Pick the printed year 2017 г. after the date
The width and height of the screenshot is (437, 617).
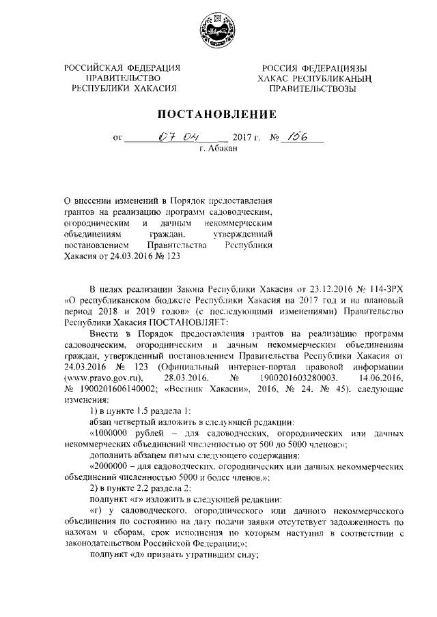pyautogui.click(x=247, y=138)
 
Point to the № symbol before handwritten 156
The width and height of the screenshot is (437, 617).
pyautogui.click(x=277, y=138)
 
